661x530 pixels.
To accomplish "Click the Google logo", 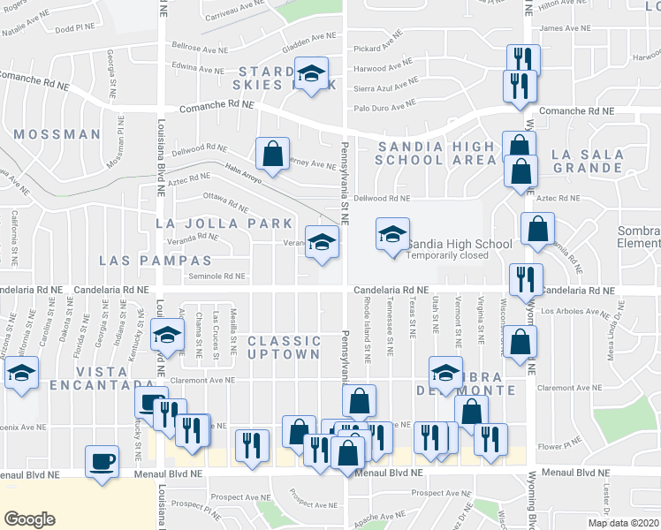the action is (30, 519).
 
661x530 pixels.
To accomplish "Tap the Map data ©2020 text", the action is (623, 523).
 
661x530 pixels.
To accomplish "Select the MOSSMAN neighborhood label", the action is (58, 134).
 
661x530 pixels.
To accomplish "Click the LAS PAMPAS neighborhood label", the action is (156, 261).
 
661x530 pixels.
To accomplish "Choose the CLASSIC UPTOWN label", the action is (284, 347).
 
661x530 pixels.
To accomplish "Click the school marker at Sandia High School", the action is (393, 235).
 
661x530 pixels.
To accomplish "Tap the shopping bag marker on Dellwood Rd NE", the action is (273, 154).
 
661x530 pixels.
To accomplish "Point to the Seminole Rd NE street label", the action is (217, 276).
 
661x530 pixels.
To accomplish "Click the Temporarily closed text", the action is (448, 255).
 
